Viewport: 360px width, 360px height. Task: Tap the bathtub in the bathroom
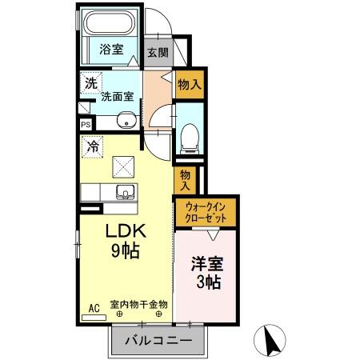point(111,31)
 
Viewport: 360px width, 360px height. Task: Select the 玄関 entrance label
point(157,54)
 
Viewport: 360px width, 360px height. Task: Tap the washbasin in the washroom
point(126,122)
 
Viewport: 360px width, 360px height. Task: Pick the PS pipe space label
point(86,124)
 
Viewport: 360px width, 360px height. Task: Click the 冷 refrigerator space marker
point(93,147)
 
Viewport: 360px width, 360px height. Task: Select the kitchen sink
point(125,192)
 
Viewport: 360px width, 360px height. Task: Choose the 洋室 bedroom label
point(206,262)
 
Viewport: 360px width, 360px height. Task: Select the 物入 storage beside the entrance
point(188,83)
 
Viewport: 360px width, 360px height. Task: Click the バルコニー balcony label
point(158,342)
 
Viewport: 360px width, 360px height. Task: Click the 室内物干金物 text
point(139,304)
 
